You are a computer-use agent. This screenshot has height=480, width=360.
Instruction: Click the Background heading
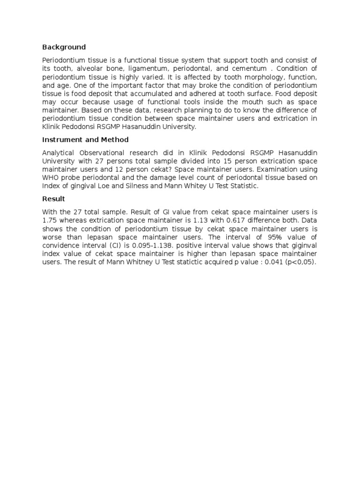(64, 47)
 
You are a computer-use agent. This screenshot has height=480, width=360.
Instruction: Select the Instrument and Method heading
(85, 140)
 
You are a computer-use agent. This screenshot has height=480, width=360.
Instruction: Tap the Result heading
(53, 199)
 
